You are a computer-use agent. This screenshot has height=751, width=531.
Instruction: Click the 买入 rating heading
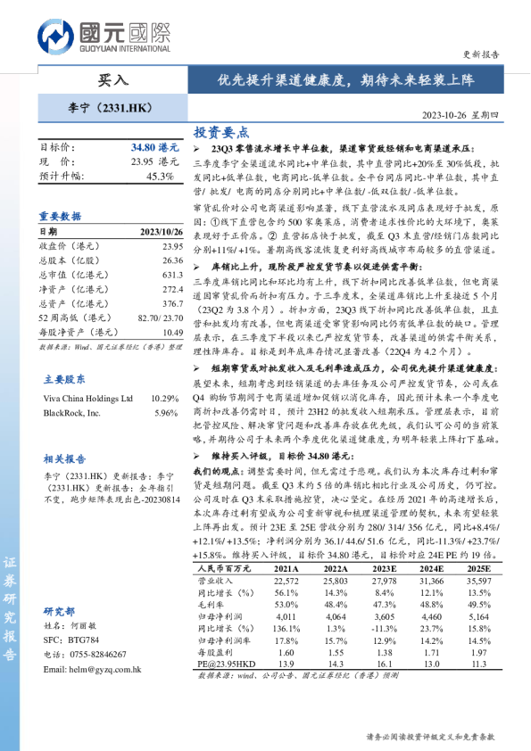tap(113, 80)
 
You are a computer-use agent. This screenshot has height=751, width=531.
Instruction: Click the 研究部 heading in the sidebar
tap(58, 611)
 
